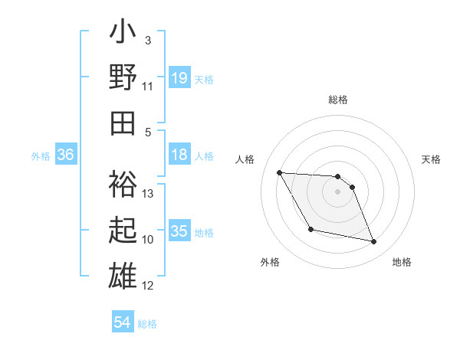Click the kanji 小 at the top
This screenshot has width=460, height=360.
pyautogui.click(x=123, y=35)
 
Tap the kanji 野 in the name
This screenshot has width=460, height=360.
pyautogui.click(x=123, y=78)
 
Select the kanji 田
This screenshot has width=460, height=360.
pyautogui.click(x=123, y=121)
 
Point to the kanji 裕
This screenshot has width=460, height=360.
pyautogui.click(x=123, y=185)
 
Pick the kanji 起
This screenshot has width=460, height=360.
pyautogui.click(x=123, y=229)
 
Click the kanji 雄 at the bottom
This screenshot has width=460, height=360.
pyautogui.click(x=123, y=273)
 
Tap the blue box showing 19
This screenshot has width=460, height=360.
pyautogui.click(x=179, y=77)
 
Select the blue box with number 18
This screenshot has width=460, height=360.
pyautogui.click(x=179, y=155)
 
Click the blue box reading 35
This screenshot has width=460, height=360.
pyautogui.click(x=179, y=231)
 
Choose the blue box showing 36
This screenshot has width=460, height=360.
pyautogui.click(x=65, y=155)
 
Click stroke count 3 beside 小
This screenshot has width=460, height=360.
pyautogui.click(x=147, y=40)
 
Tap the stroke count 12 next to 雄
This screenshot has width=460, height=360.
pyautogui.click(x=149, y=286)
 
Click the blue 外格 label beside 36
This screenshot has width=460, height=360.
pyautogui.click(x=41, y=156)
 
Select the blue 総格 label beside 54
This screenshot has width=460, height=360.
pyautogui.click(x=147, y=324)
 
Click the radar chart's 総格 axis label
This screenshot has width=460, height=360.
pyautogui.click(x=337, y=100)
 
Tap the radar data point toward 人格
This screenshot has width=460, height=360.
pyautogui.click(x=279, y=172)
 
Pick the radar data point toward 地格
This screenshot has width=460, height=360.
pyautogui.click(x=374, y=242)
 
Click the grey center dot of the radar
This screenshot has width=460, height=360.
pyautogui.click(x=337, y=191)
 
